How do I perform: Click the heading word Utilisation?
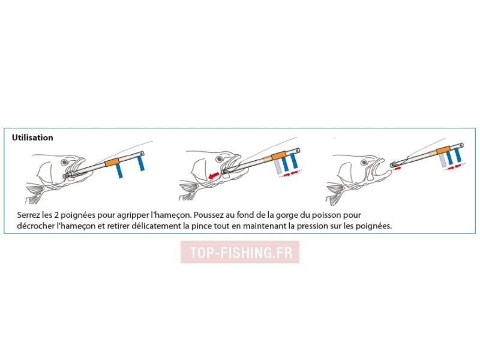tap(32, 137)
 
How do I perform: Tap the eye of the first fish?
tap(64, 162)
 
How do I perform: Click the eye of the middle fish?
tap(220, 159)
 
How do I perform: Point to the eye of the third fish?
tap(364, 162)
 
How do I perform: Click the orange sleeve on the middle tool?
tap(279, 155)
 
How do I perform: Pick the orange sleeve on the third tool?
tap(443, 151)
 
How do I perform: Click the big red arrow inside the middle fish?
tap(214, 175)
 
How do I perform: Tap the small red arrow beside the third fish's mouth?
tap(397, 168)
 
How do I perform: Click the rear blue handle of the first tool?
tap(140, 163)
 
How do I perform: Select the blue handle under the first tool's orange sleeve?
tap(119, 170)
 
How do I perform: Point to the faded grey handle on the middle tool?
tap(277, 167)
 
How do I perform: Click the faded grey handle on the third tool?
tap(442, 160)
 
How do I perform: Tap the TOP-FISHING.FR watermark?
tap(240, 252)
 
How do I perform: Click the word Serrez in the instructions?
tap(27, 215)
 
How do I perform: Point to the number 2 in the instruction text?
tap(56, 215)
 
